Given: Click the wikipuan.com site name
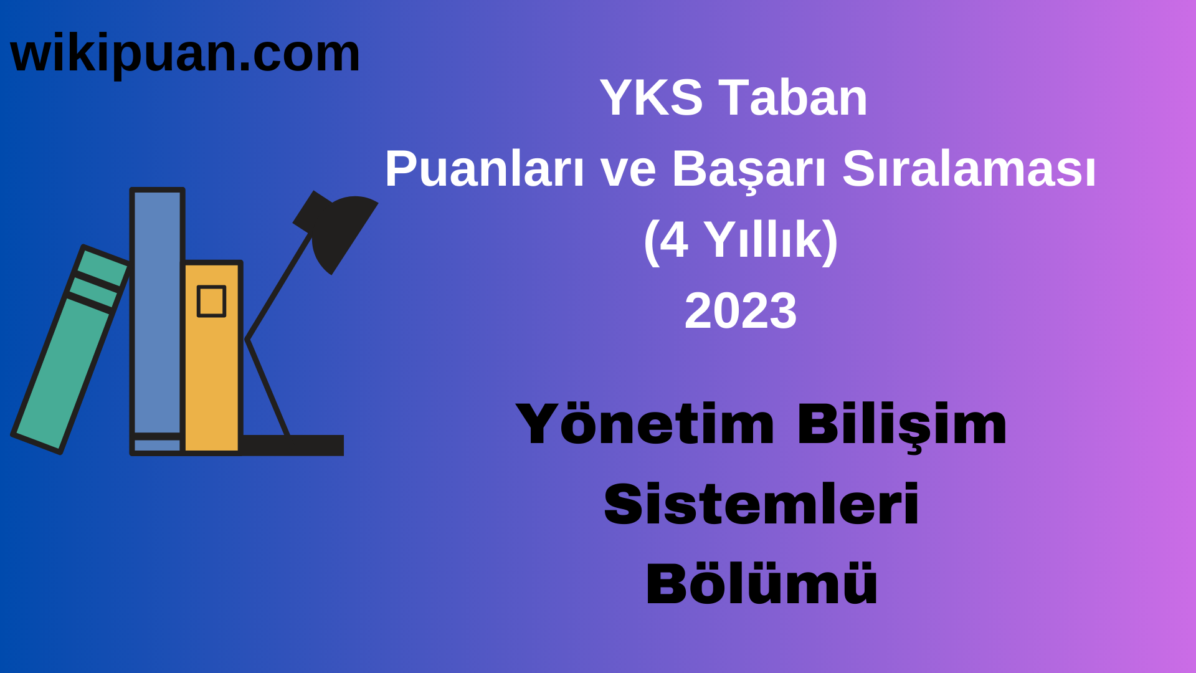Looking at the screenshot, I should coord(185,54).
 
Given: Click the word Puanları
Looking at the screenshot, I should coord(484,169).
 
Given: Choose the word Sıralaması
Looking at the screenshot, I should coord(969,169).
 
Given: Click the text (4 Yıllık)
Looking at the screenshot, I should coord(741,240).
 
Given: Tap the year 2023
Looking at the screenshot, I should coord(741,311).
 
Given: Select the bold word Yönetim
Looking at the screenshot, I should coord(645,425).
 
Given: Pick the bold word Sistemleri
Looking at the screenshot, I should coord(761,504).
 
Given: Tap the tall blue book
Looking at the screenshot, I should coord(157,312).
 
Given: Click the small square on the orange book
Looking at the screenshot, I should coord(211,302).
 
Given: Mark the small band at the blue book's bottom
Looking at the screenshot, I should coord(157,445).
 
